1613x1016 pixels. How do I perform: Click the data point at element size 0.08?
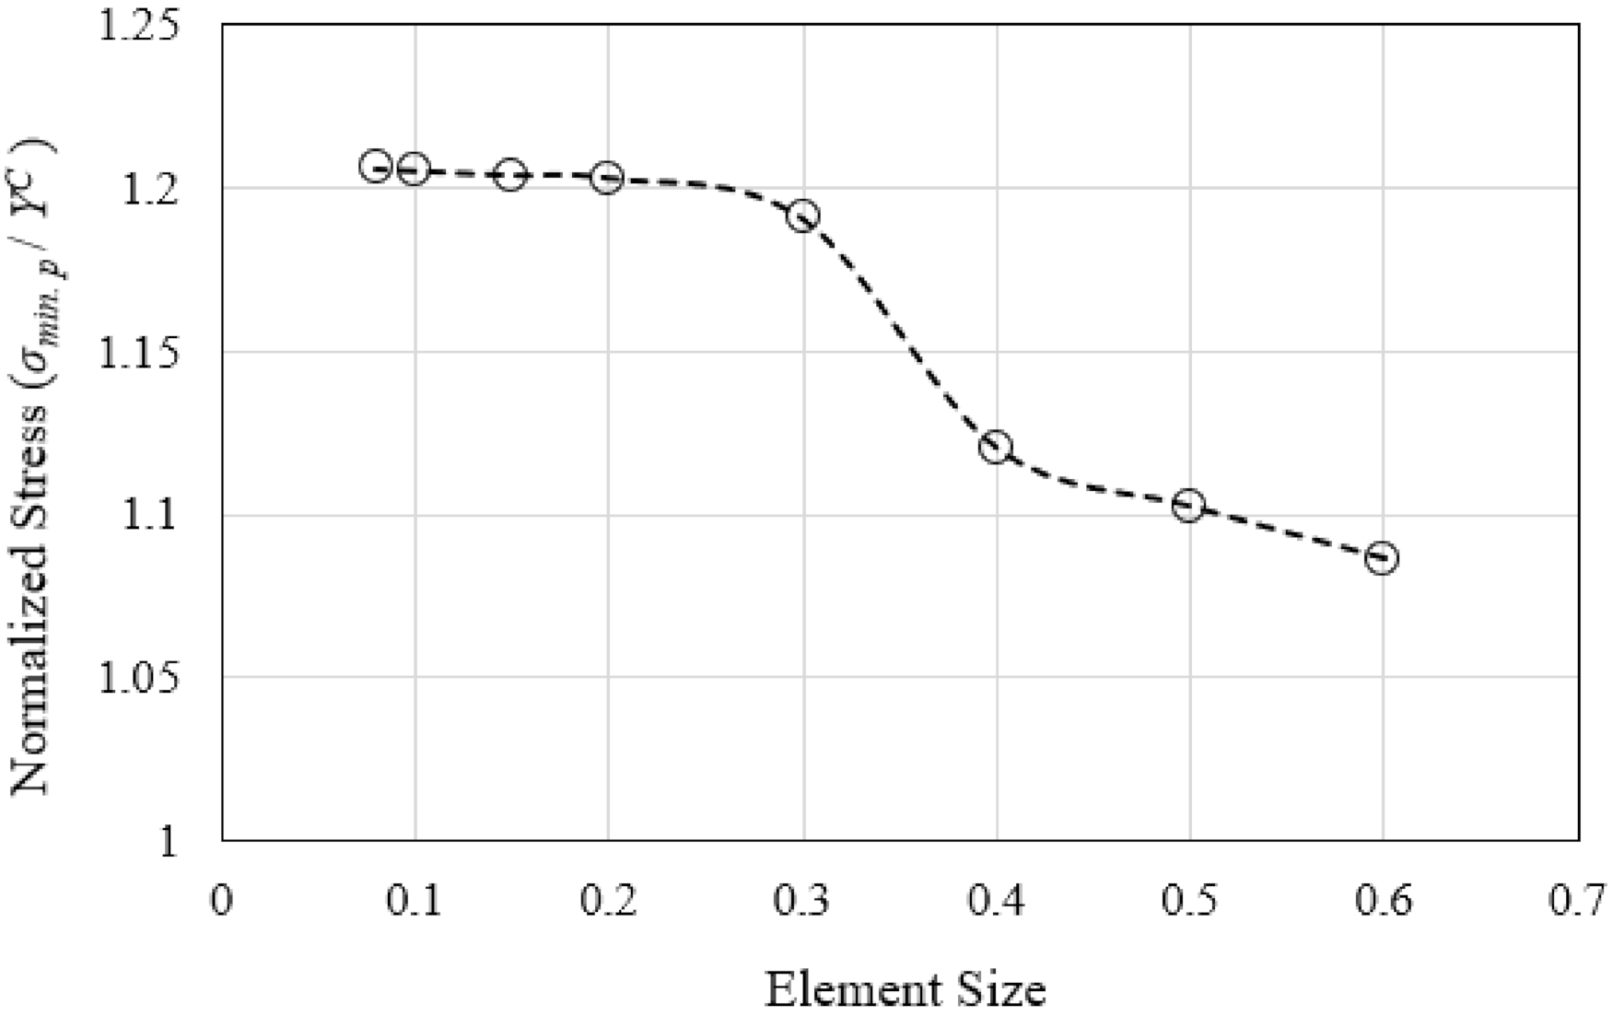click(x=376, y=167)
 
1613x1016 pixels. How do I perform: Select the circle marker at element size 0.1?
click(x=415, y=169)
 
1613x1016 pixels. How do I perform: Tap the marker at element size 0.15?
click(x=510, y=175)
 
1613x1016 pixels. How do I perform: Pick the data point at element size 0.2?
click(x=607, y=178)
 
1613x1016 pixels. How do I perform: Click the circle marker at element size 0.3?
click(x=803, y=216)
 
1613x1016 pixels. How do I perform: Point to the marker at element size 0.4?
click(x=996, y=448)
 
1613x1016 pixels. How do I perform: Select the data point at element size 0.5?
click(x=1189, y=505)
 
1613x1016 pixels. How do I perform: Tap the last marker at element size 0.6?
click(x=1382, y=558)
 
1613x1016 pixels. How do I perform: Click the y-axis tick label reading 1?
click(x=168, y=842)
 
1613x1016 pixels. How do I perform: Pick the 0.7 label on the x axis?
click(x=1577, y=902)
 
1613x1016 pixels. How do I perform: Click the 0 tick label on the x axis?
click(x=222, y=902)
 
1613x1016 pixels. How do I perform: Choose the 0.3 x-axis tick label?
click(x=802, y=902)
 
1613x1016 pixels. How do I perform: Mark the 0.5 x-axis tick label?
click(x=1189, y=902)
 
